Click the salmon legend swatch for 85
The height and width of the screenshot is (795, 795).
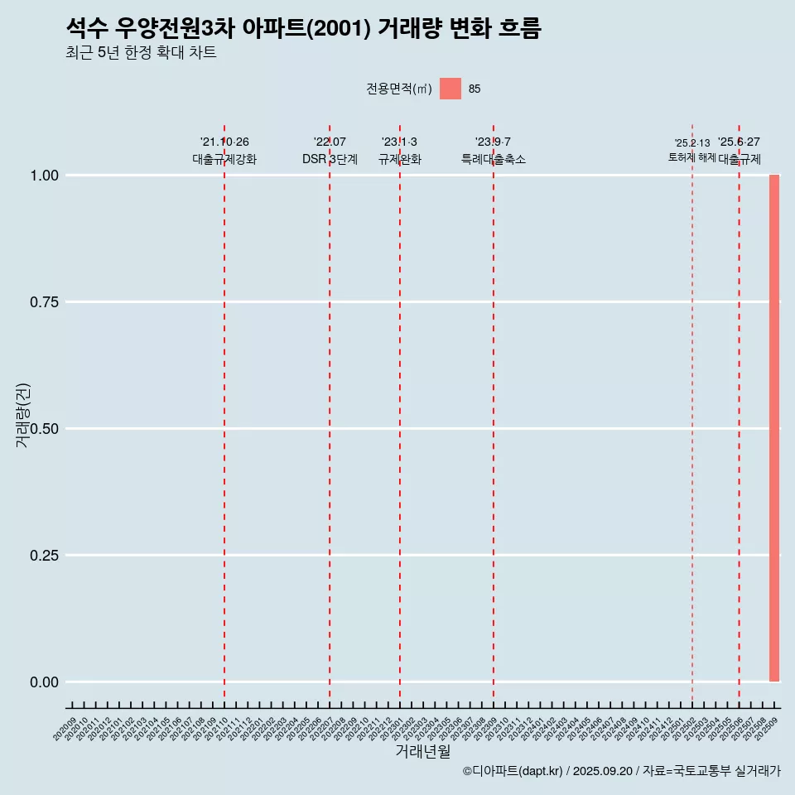point(450,89)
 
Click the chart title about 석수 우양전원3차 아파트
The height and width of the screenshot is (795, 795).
point(303,29)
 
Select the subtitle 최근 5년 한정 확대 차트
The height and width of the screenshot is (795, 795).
point(141,53)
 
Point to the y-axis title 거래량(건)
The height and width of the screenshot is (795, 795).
point(22,414)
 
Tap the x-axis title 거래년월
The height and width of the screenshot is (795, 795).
point(423,752)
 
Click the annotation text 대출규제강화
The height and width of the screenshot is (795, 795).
point(224,159)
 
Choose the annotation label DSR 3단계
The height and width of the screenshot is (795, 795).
point(330,159)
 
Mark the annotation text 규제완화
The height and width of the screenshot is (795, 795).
point(400,159)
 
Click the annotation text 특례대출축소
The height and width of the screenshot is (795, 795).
point(494,159)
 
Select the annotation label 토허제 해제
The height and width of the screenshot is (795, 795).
point(692,157)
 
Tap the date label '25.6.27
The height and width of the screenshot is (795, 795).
point(739,142)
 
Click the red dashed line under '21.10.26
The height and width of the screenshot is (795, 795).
point(224,414)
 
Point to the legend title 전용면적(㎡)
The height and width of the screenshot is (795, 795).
point(399,89)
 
